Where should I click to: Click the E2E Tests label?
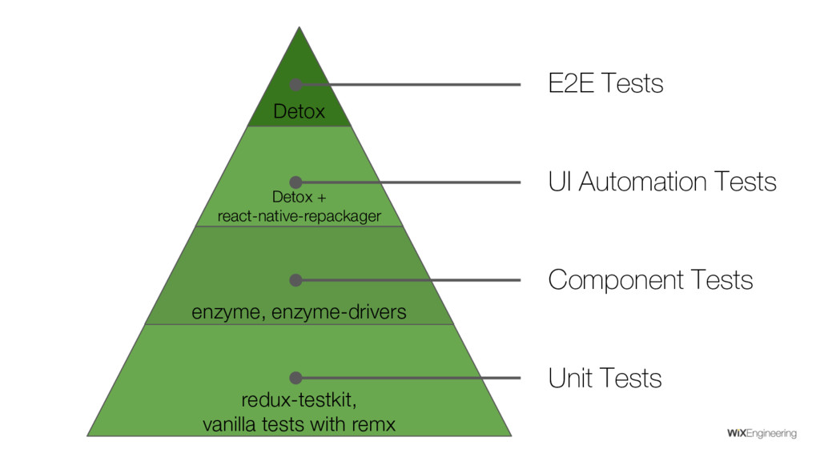605,83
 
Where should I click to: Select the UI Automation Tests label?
661,182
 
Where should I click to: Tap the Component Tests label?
650,280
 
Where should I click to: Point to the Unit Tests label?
605,378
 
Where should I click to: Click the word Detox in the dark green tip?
299,112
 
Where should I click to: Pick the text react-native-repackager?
299,216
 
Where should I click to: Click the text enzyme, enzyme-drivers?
299,312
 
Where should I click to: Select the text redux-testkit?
299,399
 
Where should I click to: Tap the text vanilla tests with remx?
299,424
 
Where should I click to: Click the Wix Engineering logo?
761,434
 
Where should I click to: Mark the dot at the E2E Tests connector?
295,85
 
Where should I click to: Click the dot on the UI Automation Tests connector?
295,182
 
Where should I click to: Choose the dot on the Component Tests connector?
295,280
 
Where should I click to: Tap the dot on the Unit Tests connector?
295,378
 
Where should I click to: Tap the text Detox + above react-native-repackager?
299,198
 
